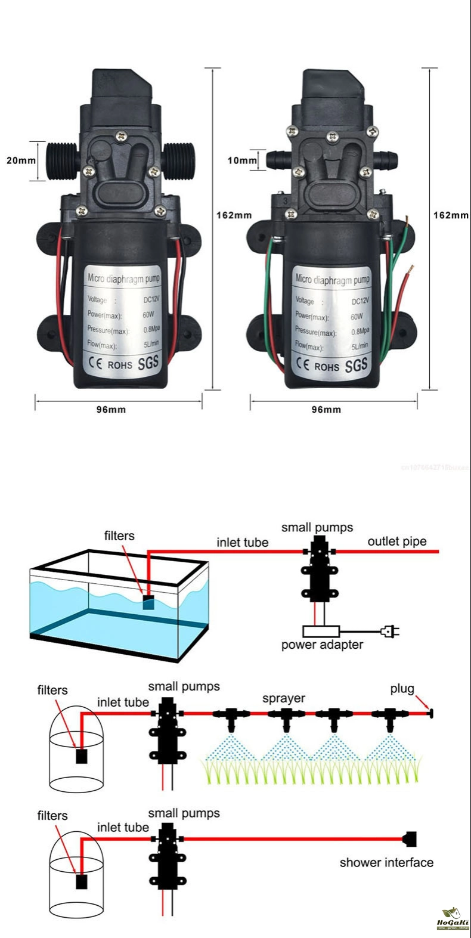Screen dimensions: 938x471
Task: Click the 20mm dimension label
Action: tap(21, 160)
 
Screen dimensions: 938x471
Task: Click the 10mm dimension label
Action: tap(241, 160)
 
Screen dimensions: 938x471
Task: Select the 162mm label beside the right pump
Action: tap(450, 215)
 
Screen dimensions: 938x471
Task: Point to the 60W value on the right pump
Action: tap(357, 317)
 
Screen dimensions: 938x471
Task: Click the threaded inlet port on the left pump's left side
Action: tap(62, 160)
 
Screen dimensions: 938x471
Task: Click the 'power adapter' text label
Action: tap(322, 645)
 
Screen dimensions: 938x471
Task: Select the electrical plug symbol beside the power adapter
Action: tap(391, 630)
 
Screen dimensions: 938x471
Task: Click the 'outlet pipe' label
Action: tap(397, 541)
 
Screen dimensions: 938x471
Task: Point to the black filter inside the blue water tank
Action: tap(148, 603)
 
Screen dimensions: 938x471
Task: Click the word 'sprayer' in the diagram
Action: tap(284, 698)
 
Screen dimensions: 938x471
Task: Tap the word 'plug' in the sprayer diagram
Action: tap(402, 689)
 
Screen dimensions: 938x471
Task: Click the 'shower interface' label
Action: tap(386, 862)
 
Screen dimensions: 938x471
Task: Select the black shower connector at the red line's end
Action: tap(410, 839)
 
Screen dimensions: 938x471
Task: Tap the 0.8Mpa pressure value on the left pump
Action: tap(151, 329)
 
